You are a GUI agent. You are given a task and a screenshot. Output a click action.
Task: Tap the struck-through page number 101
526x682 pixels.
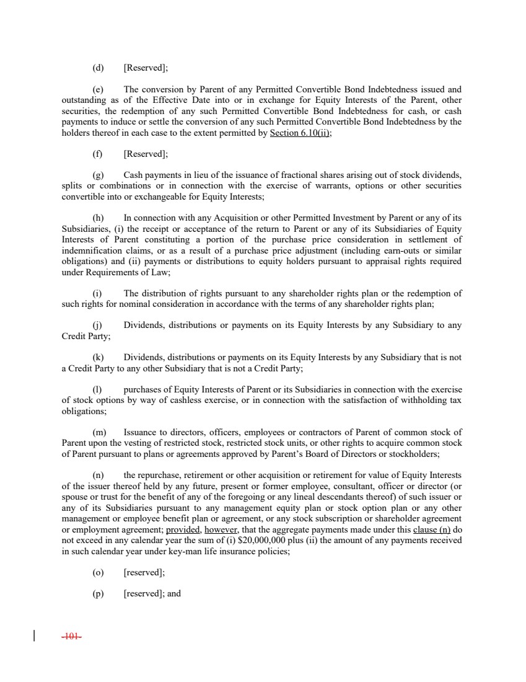(x=73, y=636)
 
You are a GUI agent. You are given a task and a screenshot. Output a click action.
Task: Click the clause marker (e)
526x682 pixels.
(x=98, y=90)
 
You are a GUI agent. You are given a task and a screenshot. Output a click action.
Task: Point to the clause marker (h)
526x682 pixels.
(x=98, y=218)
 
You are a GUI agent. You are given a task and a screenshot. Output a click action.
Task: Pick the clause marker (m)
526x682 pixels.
(x=99, y=432)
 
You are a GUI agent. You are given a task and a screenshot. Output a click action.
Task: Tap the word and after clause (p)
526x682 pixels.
(x=174, y=593)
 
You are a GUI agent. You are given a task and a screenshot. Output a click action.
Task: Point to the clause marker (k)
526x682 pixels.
(x=98, y=357)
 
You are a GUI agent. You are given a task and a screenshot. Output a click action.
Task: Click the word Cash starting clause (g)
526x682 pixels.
(x=134, y=175)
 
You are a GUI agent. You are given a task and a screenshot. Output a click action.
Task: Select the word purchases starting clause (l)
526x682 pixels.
(x=144, y=389)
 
